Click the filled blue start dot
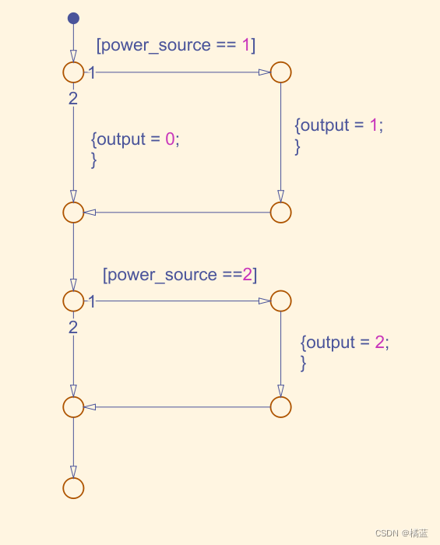click(x=73, y=18)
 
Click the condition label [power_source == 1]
click(x=175, y=45)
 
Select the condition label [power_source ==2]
click(x=179, y=275)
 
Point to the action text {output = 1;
click(x=339, y=125)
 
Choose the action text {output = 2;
click(x=344, y=342)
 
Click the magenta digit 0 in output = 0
click(x=170, y=139)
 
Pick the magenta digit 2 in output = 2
click(x=379, y=342)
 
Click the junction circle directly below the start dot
click(x=73, y=72)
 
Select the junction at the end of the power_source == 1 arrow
click(x=280, y=72)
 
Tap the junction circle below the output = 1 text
click(x=280, y=212)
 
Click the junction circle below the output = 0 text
click(x=73, y=212)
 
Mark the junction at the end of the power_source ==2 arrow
click(x=280, y=301)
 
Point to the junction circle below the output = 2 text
click(x=280, y=406)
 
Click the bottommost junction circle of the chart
click(x=73, y=487)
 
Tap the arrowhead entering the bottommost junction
click(x=73, y=472)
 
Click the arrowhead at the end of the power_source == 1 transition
click(x=265, y=72)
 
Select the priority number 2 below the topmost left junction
click(x=73, y=98)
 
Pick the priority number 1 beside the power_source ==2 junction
click(x=92, y=301)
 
